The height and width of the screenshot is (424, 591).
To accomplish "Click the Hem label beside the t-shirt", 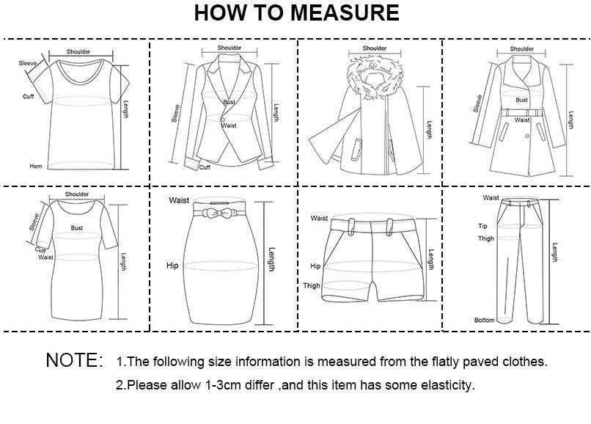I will (35, 167).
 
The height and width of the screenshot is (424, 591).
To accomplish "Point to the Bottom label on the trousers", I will (483, 321).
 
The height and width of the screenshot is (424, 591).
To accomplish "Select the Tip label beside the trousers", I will (483, 227).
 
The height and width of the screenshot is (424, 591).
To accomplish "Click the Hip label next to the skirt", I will (172, 266).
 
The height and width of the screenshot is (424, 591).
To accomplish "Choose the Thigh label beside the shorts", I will (312, 285).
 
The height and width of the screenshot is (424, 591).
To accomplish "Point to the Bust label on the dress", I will (76, 228).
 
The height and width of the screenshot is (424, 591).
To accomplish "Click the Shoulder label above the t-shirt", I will (78, 52).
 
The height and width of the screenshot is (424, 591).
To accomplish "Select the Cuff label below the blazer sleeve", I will (205, 167).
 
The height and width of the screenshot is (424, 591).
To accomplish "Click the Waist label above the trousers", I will (491, 198).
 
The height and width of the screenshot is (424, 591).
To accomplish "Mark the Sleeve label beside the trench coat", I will (477, 103).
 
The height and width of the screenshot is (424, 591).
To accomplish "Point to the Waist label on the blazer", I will (229, 125).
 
